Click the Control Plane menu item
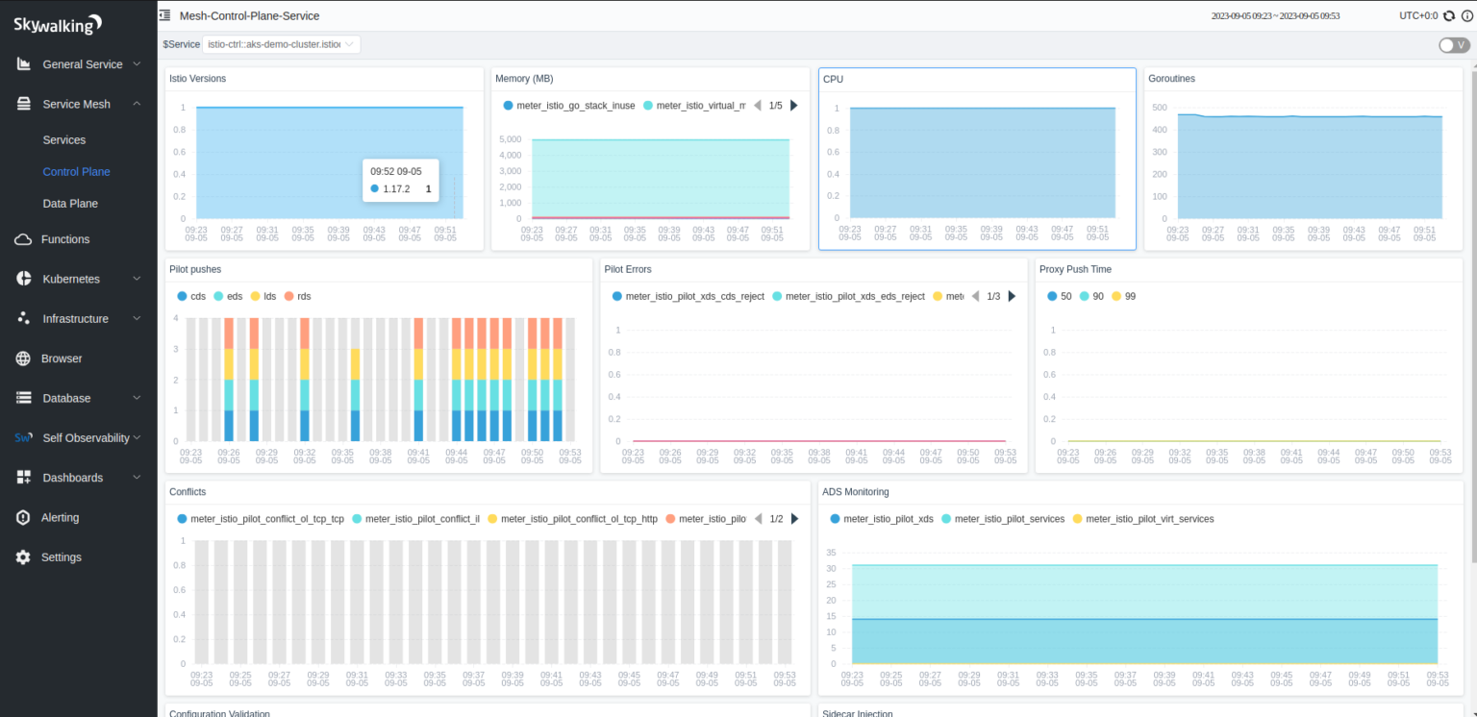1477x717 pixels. [x=76, y=172]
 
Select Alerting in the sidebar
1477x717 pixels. [x=60, y=517]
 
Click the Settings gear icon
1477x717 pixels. [x=24, y=557]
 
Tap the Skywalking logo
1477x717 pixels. [x=58, y=25]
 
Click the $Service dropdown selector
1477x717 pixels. [x=282, y=44]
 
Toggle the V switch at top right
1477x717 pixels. [x=1453, y=45]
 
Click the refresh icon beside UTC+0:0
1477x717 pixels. [x=1449, y=15]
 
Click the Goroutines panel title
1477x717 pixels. [x=1171, y=79]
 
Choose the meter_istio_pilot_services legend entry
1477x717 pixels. [x=1002, y=519]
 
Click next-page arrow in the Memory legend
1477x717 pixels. [x=794, y=106]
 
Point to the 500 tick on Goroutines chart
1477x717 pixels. [x=1159, y=108]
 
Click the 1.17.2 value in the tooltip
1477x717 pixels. [x=396, y=189]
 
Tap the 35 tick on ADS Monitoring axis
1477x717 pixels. [x=831, y=553]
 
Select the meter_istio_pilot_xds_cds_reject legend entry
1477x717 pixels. [x=694, y=297]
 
